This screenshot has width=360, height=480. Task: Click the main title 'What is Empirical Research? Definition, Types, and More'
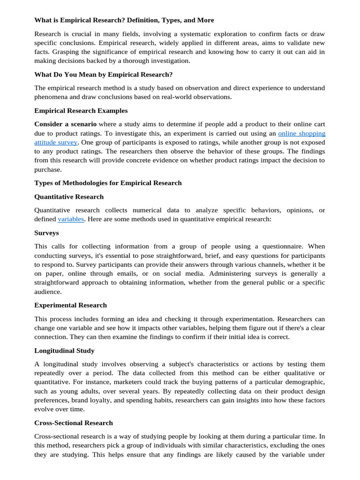(x=124, y=20)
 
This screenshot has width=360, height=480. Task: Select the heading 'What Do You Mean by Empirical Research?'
(x=104, y=75)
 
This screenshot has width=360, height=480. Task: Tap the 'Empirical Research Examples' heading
(x=81, y=111)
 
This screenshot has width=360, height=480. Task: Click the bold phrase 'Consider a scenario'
(x=66, y=124)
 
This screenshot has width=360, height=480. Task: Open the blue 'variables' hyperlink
(x=71, y=219)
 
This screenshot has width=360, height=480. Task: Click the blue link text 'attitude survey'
(x=56, y=142)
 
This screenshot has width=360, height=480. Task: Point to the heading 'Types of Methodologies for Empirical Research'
(x=108, y=183)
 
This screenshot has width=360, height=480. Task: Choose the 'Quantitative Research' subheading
(x=69, y=196)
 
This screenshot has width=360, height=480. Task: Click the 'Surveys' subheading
(x=46, y=232)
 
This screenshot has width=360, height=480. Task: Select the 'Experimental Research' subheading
(x=70, y=305)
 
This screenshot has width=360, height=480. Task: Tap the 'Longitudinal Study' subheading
(x=64, y=350)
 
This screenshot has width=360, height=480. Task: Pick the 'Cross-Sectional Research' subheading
(x=74, y=423)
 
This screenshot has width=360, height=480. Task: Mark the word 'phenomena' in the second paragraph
(x=52, y=97)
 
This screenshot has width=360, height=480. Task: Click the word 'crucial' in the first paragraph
(x=90, y=34)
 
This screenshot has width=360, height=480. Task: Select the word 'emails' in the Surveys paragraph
(x=170, y=274)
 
